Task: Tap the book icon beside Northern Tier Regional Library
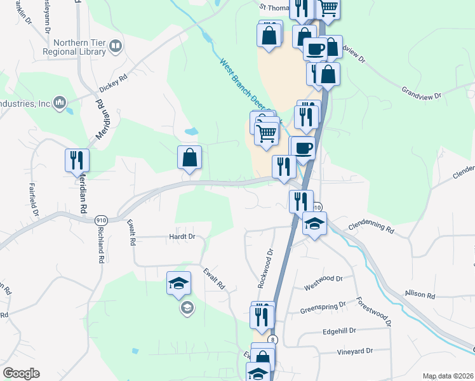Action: [x=116, y=46]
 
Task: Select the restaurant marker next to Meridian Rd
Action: [x=77, y=161]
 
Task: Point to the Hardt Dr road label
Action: [x=182, y=237]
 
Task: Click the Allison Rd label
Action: [x=420, y=295]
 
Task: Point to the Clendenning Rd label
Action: [x=371, y=225]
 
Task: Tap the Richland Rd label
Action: [x=100, y=246]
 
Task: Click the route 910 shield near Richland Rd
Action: [x=100, y=220]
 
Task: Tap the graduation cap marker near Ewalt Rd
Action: [x=178, y=283]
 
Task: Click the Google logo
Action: [x=21, y=373]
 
